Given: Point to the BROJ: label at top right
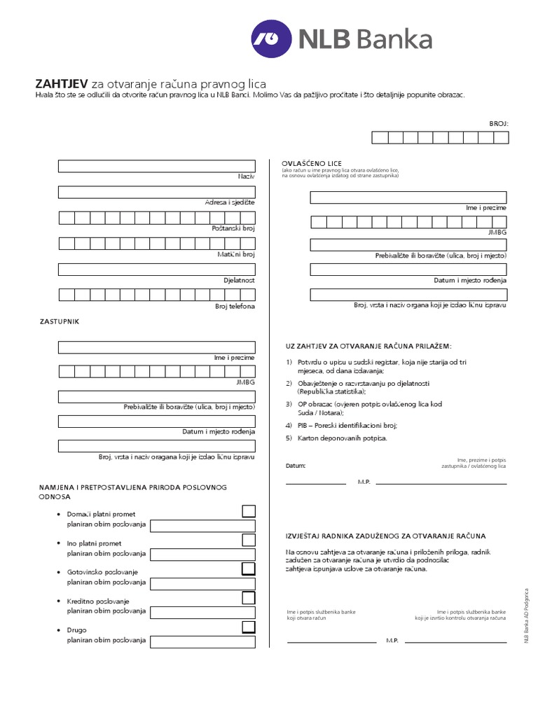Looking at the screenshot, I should click(x=498, y=123).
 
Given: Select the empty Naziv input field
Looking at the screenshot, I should click(x=156, y=166).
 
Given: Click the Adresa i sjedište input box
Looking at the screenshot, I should click(x=156, y=192).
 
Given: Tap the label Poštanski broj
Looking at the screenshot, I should click(x=233, y=229).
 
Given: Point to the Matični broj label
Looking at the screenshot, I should click(x=237, y=255).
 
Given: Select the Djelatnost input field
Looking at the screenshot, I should click(x=156, y=269).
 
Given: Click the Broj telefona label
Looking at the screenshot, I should click(x=235, y=306).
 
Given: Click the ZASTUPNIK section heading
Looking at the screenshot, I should click(x=58, y=321).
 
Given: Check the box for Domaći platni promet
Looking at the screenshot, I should click(x=248, y=510).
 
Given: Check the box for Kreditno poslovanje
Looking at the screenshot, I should click(x=248, y=597).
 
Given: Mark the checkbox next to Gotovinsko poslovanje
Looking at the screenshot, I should click(x=248, y=568).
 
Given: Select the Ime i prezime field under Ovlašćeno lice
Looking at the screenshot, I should click(x=408, y=197).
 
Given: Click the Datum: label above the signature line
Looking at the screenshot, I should click(x=296, y=465).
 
